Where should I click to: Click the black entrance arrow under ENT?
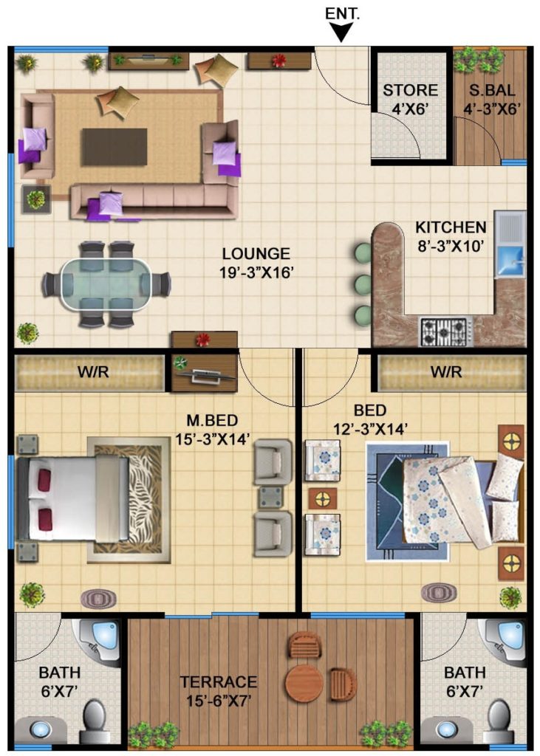[x=342, y=33]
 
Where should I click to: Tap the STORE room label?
[x=410, y=90]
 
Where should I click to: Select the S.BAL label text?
[x=492, y=90]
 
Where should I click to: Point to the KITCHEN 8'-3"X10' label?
[x=450, y=236]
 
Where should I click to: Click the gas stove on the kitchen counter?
[x=446, y=331]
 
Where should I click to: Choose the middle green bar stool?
[x=363, y=284]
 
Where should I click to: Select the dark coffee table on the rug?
[x=115, y=147]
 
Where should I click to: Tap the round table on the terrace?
[x=304, y=683]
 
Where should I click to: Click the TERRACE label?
[x=219, y=681]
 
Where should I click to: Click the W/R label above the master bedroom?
[x=93, y=372]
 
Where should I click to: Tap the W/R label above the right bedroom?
[x=446, y=372]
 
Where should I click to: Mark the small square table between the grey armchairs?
[x=270, y=497]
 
